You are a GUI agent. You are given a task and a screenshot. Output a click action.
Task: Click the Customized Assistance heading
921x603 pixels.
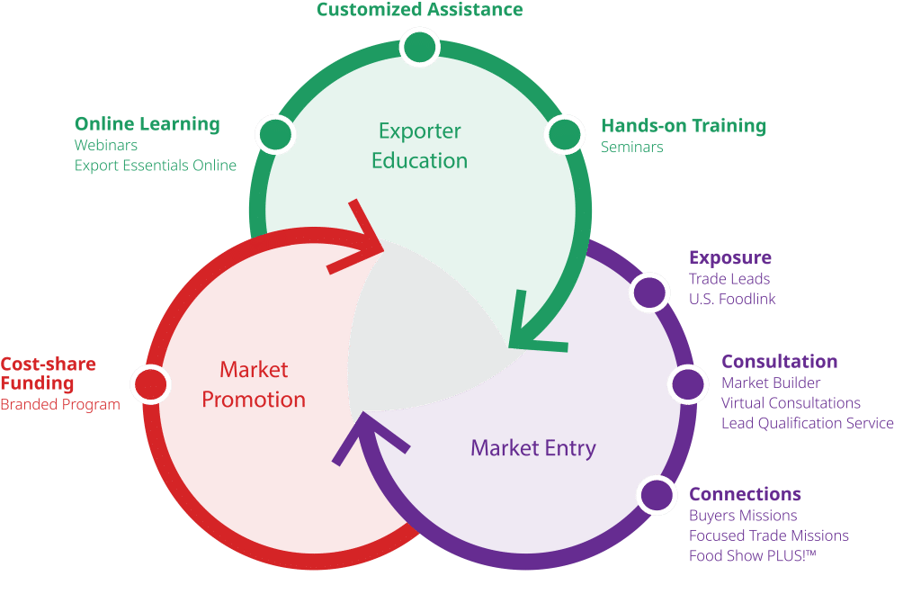(419, 9)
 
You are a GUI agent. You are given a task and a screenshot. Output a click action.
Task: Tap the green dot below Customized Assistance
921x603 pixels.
(419, 47)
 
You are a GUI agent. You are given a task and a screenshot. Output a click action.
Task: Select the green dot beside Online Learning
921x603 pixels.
(275, 135)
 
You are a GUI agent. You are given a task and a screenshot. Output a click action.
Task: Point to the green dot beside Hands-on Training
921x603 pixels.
(565, 135)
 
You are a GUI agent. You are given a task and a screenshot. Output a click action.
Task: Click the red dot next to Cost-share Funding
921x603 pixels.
(151, 383)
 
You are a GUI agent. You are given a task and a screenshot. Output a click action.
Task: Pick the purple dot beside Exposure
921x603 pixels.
(649, 292)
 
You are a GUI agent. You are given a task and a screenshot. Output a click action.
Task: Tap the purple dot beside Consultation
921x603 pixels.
(688, 383)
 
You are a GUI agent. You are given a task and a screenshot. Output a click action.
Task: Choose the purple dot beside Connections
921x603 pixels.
(657, 494)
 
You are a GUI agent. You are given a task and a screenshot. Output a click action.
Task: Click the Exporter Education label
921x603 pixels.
(419, 146)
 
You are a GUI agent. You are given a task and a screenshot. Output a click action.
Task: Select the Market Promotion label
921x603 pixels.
(254, 385)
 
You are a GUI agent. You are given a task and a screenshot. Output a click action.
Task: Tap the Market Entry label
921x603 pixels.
(533, 448)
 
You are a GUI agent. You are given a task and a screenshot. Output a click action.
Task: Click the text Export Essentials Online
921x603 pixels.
(155, 166)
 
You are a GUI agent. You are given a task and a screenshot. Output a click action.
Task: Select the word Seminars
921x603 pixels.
(632, 147)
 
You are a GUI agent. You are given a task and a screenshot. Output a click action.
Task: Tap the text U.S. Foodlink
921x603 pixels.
(732, 299)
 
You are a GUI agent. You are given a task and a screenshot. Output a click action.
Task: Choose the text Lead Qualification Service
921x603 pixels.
(808, 423)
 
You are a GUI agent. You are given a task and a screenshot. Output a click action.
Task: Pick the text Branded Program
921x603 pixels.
(60, 405)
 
